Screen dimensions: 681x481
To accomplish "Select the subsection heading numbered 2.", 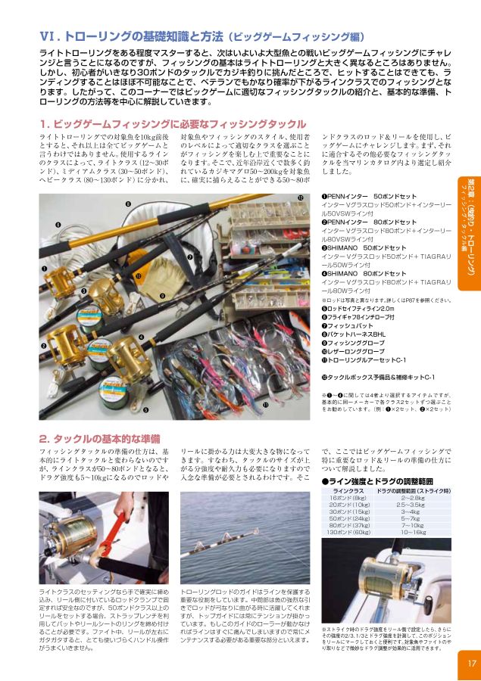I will (99, 438).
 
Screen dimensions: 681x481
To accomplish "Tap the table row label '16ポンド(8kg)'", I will (348, 498).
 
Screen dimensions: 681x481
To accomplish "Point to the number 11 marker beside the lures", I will (265, 405).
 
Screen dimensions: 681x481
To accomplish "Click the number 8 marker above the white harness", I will (127, 205).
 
